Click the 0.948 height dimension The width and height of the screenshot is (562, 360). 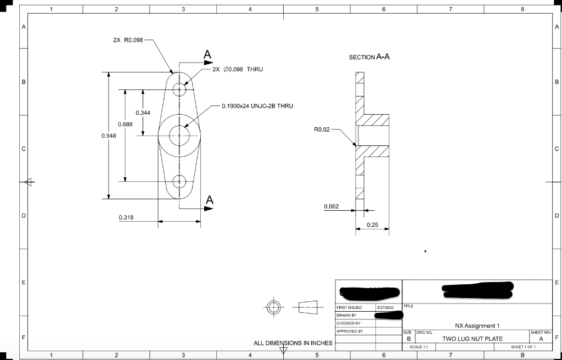[x=109, y=135]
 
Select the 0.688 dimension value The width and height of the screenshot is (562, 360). [x=125, y=125]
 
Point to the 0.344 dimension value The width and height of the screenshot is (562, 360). [x=143, y=113]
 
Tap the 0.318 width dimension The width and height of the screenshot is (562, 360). [x=126, y=218]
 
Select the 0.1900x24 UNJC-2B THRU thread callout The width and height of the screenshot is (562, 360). [x=257, y=105]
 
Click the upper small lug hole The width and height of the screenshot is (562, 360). [x=179, y=89]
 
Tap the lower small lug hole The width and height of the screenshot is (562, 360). [x=179, y=181]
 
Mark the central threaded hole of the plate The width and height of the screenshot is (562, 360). [x=179, y=135]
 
